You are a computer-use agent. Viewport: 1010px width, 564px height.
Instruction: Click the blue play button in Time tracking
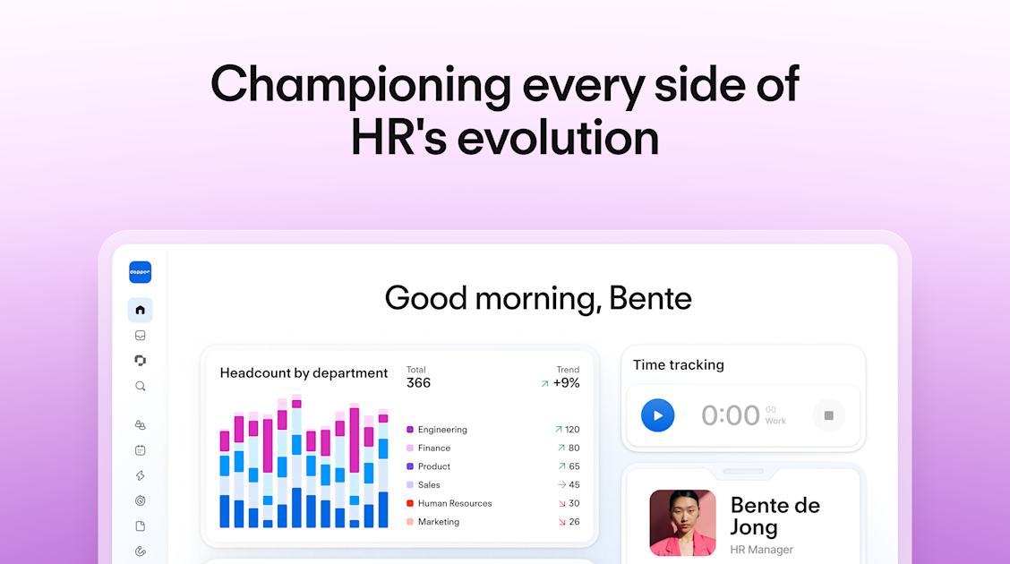coord(657,415)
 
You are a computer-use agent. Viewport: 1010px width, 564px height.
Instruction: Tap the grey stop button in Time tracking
coord(828,415)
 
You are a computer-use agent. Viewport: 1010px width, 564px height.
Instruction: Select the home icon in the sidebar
coord(140,311)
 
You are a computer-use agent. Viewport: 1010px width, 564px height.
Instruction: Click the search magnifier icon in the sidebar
coord(140,387)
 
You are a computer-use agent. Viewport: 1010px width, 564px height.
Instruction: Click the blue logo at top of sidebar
coord(140,272)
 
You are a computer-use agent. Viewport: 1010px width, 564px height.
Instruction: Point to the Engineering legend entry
coord(441,430)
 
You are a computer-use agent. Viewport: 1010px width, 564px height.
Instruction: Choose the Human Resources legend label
coord(454,503)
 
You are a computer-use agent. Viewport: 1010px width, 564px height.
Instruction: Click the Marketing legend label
coord(438,522)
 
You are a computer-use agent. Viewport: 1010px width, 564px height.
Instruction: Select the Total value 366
coord(418,383)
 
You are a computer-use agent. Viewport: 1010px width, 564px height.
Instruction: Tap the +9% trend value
coord(566,383)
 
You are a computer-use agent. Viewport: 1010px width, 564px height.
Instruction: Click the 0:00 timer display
coord(730,415)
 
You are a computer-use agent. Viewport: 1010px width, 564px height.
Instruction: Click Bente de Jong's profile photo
coord(682,523)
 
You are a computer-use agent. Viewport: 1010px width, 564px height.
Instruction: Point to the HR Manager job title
coord(761,550)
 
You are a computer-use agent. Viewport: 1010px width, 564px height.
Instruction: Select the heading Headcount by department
coord(304,373)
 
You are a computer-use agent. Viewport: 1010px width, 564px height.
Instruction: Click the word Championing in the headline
coord(360,85)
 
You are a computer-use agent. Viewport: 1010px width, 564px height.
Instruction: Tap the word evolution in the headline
coord(556,139)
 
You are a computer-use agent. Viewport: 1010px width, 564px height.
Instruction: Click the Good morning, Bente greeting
coord(537,298)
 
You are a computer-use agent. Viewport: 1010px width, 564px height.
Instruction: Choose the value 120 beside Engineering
coord(571,430)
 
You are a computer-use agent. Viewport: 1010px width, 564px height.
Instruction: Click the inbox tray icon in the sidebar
coord(140,336)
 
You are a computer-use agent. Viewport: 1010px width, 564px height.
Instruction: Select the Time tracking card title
coord(678,365)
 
